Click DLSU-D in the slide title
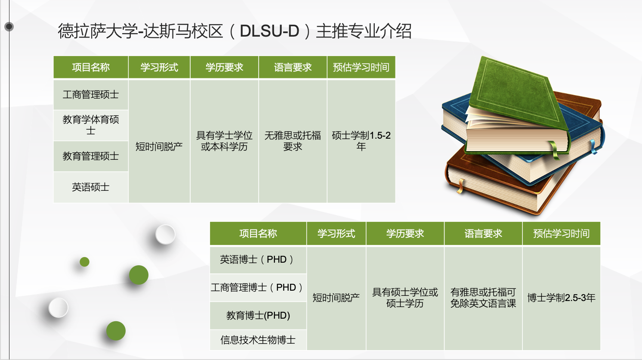(x=269, y=31)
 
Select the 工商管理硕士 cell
(x=90, y=95)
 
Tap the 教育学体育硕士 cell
(x=90, y=125)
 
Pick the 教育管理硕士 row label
(x=90, y=156)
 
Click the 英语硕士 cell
(x=90, y=187)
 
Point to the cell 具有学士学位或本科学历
(x=224, y=141)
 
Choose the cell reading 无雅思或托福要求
(x=293, y=141)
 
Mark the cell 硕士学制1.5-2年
(x=361, y=141)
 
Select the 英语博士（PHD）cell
(x=258, y=260)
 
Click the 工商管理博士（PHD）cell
(x=258, y=287)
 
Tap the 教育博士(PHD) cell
(x=258, y=316)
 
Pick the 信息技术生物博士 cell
(x=258, y=340)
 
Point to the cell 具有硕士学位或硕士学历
(x=405, y=298)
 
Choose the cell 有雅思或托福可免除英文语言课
(x=483, y=298)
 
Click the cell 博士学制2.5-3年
(x=561, y=298)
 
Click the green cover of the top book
(x=516, y=92)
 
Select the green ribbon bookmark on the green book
(x=554, y=151)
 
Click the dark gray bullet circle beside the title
(x=9, y=27)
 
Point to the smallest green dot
(x=84, y=262)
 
